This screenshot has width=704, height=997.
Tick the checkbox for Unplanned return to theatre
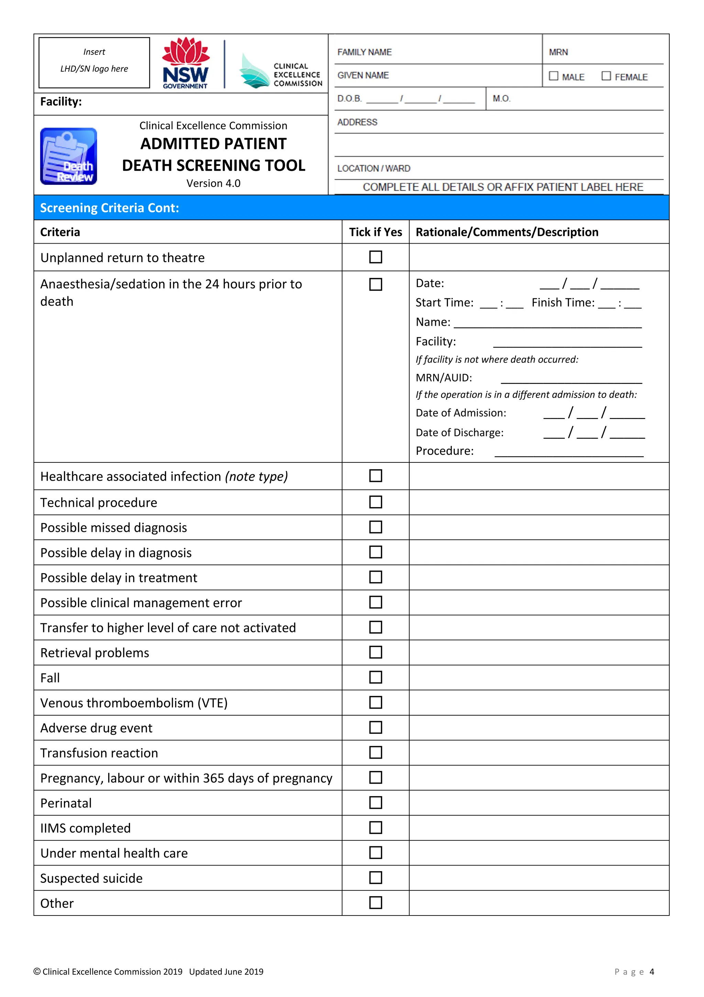(375, 257)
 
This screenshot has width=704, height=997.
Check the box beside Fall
(375, 677)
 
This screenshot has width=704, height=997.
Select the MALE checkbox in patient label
(553, 76)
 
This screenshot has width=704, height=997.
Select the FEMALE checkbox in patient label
(606, 76)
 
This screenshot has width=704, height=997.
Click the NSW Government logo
(186, 63)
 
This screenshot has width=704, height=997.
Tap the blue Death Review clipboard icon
(68, 156)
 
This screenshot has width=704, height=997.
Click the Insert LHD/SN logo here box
(94, 63)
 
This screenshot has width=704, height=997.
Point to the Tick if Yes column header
(375, 232)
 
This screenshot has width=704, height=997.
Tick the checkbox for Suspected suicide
(375, 878)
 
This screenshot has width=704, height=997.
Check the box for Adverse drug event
(375, 727)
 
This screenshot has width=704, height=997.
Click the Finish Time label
(563, 303)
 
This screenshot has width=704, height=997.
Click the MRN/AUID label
(443, 378)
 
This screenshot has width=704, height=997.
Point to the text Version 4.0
(213, 183)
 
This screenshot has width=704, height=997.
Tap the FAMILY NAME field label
(364, 52)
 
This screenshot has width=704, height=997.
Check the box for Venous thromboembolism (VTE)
(375, 702)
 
